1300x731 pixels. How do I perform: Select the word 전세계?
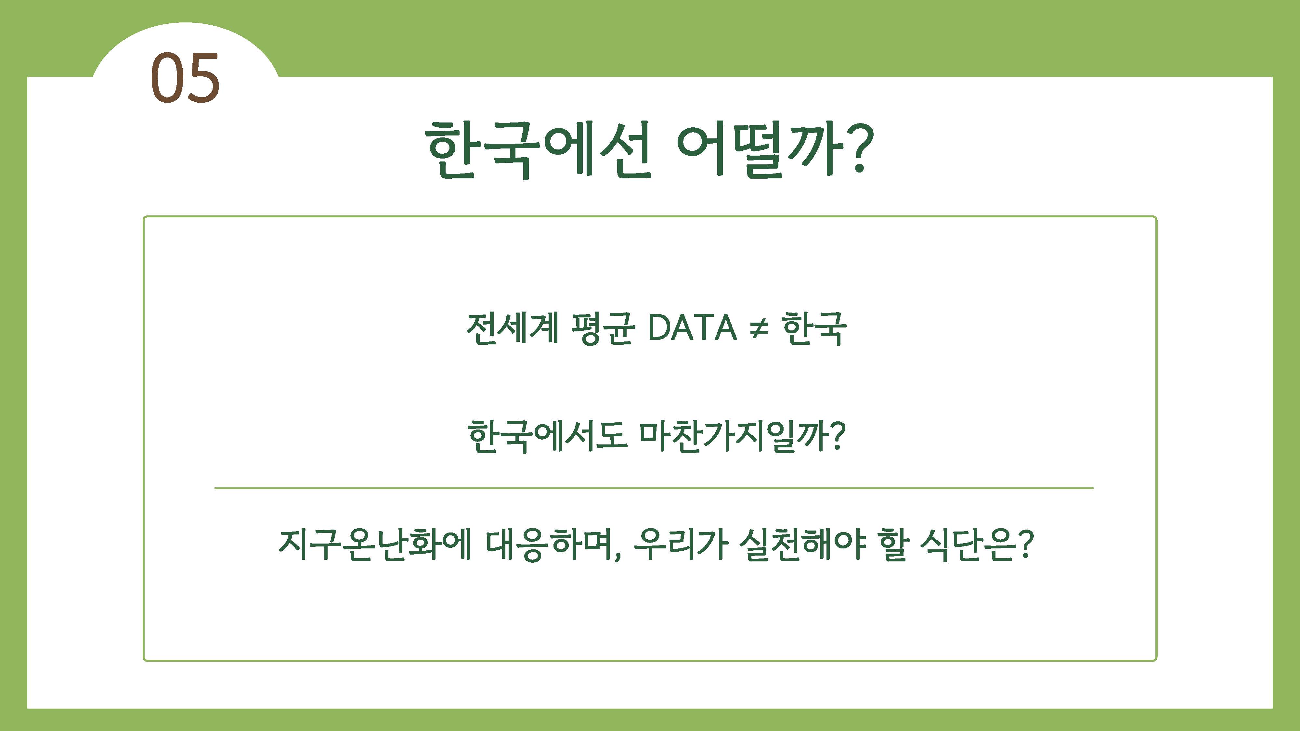coord(512,328)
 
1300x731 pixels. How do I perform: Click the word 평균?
coord(602,328)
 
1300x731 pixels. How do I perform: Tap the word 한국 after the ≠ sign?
coord(813,328)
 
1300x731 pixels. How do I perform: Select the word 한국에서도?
coord(548,436)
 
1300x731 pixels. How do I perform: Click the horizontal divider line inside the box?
coord(654,488)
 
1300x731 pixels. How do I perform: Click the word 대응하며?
coord(551,545)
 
